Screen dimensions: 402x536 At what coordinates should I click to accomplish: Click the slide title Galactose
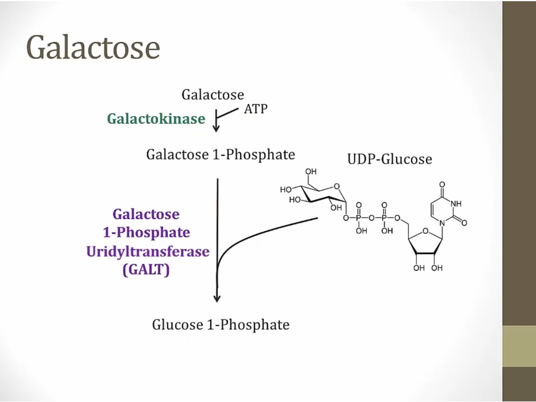coord(93,46)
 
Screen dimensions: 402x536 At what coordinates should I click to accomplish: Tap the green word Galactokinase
coord(156,119)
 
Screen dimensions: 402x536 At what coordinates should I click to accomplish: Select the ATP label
coord(255,110)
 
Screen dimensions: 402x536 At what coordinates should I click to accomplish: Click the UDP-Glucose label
coord(389,159)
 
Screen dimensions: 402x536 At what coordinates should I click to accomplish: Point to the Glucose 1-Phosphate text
coord(220,325)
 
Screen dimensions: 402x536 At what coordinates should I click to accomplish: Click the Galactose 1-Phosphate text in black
coord(220,155)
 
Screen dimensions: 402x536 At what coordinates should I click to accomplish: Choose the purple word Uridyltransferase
coord(148,251)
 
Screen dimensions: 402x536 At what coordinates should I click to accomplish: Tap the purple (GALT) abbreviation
coord(146,270)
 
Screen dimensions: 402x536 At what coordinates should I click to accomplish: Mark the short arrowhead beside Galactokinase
coord(217,128)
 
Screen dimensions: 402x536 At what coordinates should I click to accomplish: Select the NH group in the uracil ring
coord(456,203)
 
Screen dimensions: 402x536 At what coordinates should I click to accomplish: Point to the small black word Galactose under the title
coord(213,95)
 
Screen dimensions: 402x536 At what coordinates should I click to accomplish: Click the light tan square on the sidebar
coord(519,346)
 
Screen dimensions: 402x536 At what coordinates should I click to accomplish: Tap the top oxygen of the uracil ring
coord(441,185)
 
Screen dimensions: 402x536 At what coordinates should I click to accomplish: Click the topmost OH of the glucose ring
coord(311,172)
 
